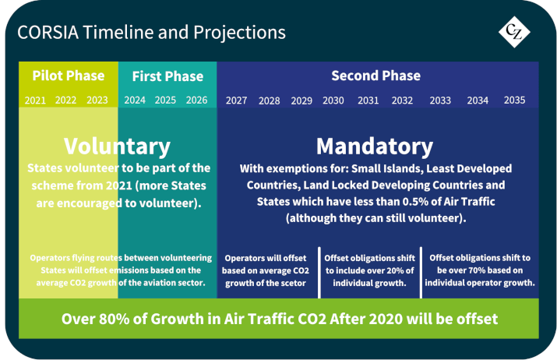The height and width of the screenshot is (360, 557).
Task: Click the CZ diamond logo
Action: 514,32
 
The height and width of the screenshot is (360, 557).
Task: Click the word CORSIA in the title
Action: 48,33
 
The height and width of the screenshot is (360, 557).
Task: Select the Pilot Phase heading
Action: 69,76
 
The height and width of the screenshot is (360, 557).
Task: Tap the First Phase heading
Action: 167,76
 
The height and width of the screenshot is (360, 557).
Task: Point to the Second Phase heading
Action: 375,76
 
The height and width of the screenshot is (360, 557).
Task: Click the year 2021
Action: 35,101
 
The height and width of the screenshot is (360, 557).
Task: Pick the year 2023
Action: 97,101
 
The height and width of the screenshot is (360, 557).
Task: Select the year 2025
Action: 165,101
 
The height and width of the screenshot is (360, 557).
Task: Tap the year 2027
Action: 237,101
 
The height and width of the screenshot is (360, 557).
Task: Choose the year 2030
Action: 333,101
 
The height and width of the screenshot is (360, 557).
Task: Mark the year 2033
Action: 440,101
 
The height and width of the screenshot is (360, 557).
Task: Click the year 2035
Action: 514,101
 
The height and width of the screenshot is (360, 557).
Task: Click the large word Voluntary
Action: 117,146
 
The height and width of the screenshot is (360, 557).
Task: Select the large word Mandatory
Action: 375,146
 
